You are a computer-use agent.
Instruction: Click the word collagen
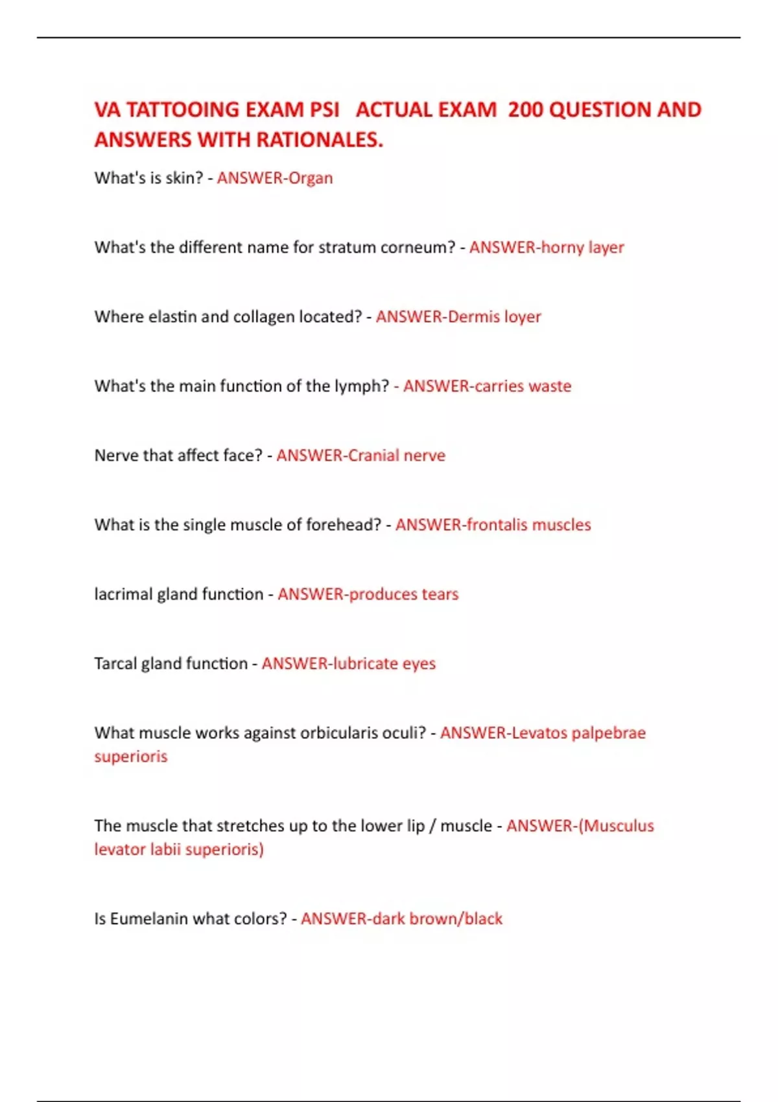click(263, 317)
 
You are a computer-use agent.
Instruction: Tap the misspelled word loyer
click(523, 317)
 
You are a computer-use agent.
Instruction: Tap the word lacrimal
click(123, 594)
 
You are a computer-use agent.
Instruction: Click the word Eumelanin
click(152, 919)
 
